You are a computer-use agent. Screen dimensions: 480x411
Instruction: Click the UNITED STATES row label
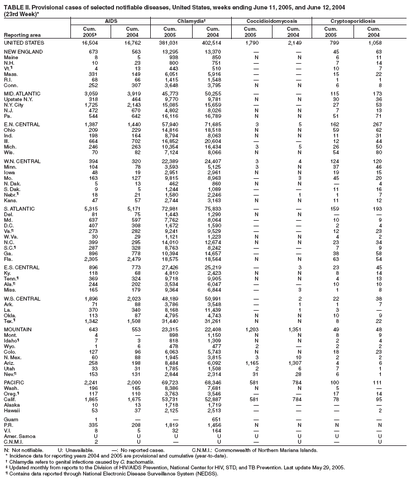[23, 42]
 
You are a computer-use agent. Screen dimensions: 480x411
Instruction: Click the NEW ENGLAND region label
[21, 52]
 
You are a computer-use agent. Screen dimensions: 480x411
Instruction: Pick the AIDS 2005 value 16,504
[92, 42]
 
